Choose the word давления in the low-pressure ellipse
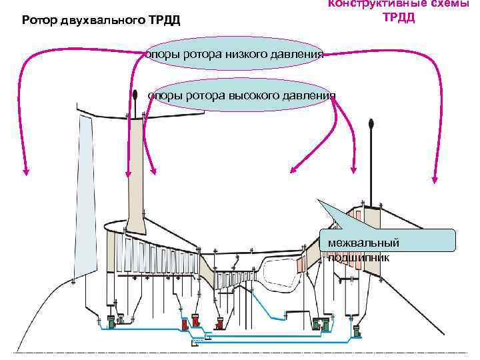(x=297, y=54)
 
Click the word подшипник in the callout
(x=359, y=257)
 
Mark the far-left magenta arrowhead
(x=26, y=171)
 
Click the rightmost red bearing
(x=218, y=325)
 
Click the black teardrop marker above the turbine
(x=371, y=123)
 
